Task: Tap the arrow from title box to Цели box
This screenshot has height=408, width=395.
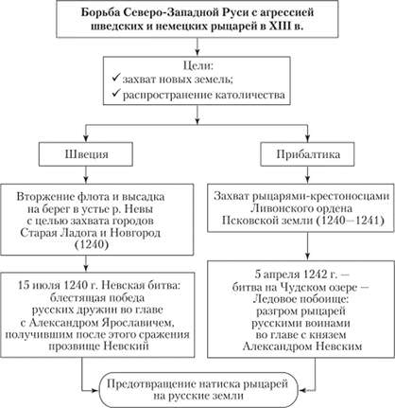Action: point(197,48)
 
